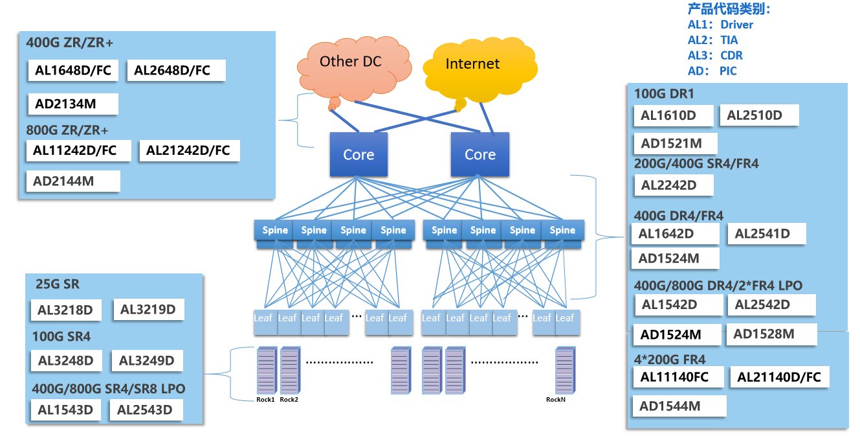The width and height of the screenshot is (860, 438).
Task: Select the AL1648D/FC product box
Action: point(73,71)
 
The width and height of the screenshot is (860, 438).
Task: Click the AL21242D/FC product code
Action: point(188,151)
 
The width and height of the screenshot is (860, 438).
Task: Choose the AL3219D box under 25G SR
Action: point(148,310)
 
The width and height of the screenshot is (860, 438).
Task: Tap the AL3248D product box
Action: point(66,361)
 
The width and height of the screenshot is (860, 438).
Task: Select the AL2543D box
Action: point(145,410)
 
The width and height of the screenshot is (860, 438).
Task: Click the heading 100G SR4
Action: point(61,337)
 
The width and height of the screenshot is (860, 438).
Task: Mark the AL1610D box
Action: point(673,116)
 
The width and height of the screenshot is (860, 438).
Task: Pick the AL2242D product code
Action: point(673,185)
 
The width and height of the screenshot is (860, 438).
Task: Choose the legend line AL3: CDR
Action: point(715,56)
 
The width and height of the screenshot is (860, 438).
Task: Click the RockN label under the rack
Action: point(556,400)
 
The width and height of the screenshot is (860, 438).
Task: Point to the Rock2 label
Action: point(289,400)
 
